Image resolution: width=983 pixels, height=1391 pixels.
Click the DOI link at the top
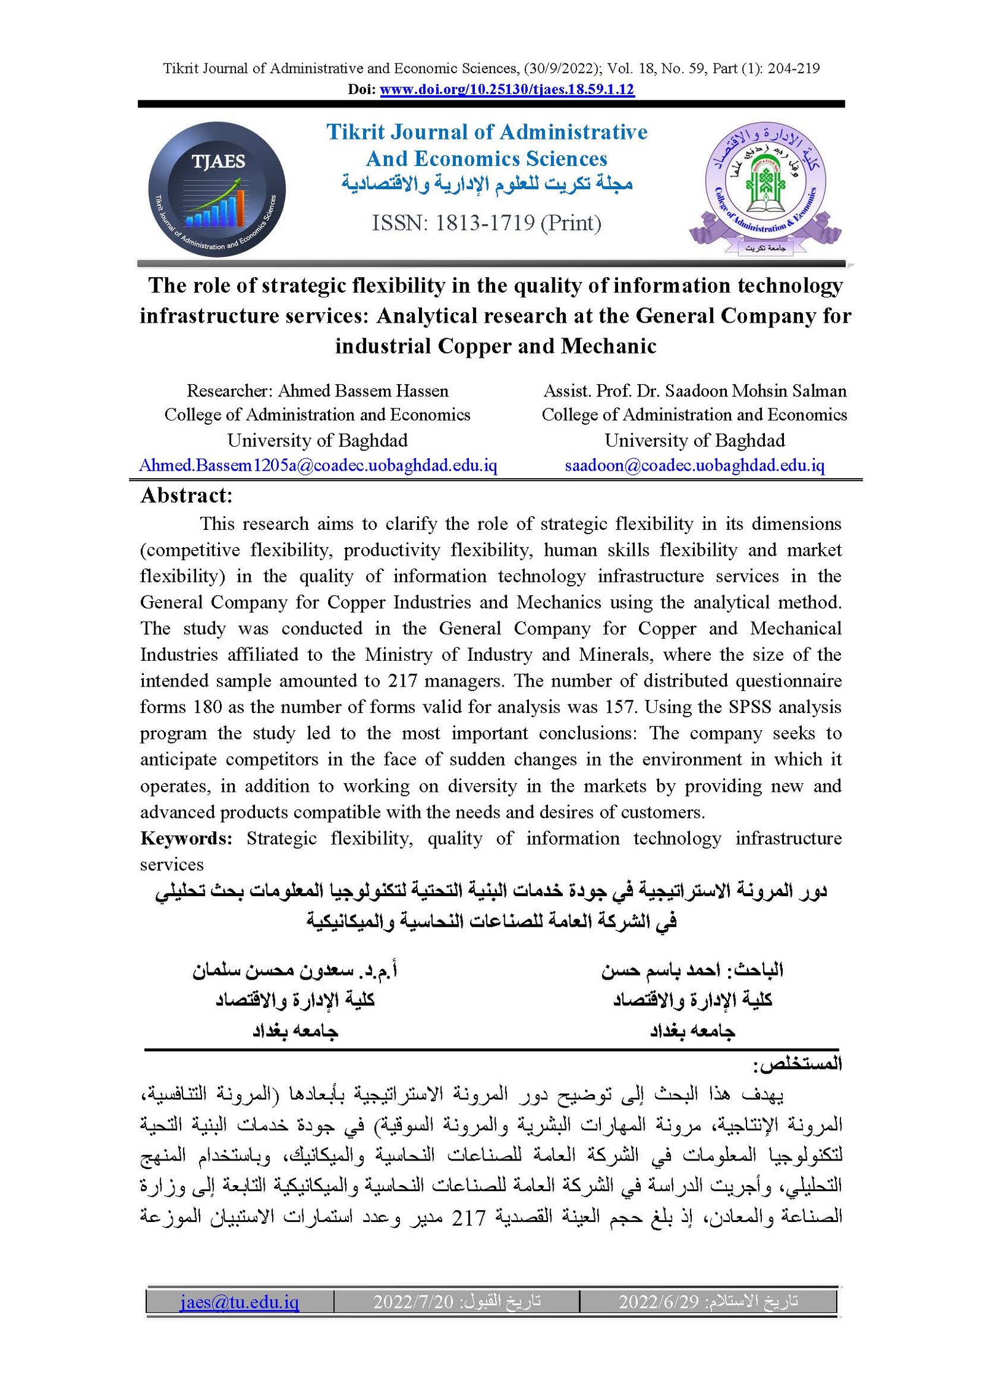[x=506, y=89]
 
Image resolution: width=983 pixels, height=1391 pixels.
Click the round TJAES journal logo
[x=217, y=189]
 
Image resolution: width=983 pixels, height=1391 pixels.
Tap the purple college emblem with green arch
[x=765, y=187]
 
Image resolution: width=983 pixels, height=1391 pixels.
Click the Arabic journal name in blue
[x=487, y=184]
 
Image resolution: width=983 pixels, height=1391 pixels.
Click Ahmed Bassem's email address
[x=318, y=465]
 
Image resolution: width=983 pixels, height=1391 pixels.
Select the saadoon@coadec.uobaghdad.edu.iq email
[x=694, y=465]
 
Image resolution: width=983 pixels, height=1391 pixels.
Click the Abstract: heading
[x=186, y=495]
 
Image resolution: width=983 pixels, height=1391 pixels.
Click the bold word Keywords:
[x=186, y=838]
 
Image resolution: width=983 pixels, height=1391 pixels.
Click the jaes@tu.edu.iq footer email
[x=240, y=1301]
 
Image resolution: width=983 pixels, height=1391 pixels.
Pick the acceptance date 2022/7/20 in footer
[x=413, y=1301]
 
